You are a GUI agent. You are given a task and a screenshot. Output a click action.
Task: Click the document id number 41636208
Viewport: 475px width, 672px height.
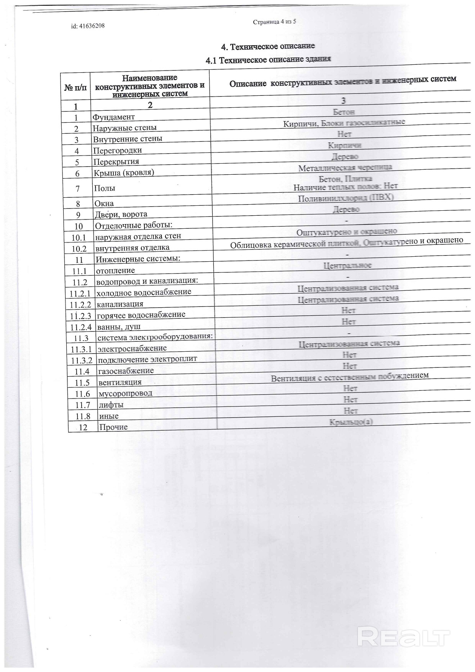[88, 26]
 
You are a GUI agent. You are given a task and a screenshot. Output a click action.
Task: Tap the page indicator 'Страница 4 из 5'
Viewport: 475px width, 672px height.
[274, 22]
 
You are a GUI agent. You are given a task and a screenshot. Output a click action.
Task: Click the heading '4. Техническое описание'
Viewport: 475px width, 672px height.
[268, 46]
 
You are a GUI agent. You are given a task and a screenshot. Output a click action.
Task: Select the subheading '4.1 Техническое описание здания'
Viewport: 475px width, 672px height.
[268, 59]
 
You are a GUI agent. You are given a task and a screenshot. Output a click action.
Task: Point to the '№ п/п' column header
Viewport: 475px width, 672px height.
[75, 88]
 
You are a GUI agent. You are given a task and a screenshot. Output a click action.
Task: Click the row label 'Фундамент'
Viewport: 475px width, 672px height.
[114, 117]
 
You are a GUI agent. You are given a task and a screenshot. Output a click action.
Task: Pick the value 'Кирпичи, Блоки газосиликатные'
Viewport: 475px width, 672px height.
[344, 123]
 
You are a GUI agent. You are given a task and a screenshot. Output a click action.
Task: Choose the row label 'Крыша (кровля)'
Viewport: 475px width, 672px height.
[124, 172]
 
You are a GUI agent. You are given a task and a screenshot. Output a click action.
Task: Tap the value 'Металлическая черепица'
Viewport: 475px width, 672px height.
[345, 168]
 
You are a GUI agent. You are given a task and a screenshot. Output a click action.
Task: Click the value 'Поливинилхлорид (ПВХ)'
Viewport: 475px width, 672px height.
[346, 198]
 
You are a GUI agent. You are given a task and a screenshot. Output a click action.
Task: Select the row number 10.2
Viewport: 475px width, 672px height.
[79, 249]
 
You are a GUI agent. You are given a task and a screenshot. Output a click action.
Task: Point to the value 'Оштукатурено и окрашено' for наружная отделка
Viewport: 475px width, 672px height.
[346, 232]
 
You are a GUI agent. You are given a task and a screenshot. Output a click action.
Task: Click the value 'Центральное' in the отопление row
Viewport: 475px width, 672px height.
[347, 265]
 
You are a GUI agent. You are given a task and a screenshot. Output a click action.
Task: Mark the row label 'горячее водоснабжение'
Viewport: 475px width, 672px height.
[141, 315]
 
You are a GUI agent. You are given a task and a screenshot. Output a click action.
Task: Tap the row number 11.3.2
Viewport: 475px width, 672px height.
[82, 361]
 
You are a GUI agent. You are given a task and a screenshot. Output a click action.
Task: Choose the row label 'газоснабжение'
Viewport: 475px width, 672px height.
[126, 371]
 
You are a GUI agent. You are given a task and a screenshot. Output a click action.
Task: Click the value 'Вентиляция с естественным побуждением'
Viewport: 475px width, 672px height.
[349, 377]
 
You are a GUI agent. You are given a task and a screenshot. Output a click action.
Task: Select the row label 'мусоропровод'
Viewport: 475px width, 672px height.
[125, 393]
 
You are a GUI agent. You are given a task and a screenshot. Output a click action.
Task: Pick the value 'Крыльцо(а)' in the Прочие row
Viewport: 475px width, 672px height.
[351, 422]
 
